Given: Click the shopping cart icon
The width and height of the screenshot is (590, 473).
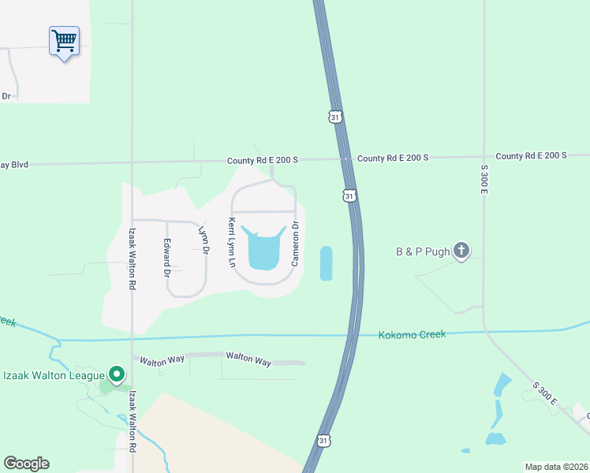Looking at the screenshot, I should (x=64, y=39).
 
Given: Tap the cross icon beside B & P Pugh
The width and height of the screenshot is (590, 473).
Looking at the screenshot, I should (x=462, y=251).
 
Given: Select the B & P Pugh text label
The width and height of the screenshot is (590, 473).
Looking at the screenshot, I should (x=422, y=252).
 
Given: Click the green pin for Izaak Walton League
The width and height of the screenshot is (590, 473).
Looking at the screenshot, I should (x=116, y=374).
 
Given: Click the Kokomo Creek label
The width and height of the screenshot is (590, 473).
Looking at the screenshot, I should (x=411, y=334).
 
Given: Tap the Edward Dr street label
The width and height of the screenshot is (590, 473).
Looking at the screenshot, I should (x=167, y=258).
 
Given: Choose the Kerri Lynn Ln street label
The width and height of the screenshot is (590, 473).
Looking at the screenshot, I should (x=232, y=243).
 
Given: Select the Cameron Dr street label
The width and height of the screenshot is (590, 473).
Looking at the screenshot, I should (x=295, y=243).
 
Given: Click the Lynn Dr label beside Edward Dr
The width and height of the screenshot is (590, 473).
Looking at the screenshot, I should (x=204, y=240).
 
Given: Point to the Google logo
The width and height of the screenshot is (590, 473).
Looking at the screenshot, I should (x=26, y=464).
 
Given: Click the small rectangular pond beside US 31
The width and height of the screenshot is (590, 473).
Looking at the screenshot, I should (x=327, y=263).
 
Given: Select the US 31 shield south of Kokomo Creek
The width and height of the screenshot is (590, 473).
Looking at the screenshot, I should (x=324, y=441).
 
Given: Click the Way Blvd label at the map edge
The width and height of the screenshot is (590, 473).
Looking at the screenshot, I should (x=14, y=165).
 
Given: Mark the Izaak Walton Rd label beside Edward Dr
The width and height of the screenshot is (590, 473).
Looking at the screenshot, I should (x=132, y=259).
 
